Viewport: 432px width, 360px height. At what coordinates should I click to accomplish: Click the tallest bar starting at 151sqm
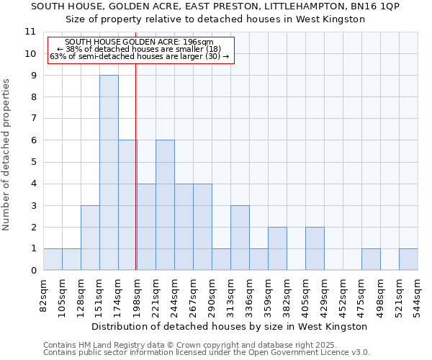109,173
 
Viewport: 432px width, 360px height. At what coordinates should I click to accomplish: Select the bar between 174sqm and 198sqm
127,205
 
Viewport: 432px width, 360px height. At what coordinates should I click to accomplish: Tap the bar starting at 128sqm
90,238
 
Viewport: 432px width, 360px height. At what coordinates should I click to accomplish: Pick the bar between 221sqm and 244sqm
165,205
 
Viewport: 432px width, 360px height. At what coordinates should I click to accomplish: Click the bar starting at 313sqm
240,238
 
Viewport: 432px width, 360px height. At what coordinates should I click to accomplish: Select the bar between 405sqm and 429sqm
315,248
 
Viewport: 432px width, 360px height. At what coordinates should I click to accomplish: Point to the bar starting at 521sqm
408,259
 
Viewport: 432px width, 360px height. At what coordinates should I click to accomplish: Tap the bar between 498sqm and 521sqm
371,259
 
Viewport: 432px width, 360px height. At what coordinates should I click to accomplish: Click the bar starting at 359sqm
277,248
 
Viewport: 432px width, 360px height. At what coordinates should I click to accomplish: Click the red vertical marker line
136,180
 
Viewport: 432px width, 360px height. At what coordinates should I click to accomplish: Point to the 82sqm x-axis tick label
44,292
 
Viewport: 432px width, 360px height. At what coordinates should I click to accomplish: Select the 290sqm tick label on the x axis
212,294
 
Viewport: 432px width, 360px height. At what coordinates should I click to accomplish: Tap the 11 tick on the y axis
30,32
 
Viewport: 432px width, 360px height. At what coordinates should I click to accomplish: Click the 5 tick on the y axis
32,162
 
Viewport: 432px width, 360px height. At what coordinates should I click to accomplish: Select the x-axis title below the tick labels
230,326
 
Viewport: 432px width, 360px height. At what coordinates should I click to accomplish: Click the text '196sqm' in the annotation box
198,42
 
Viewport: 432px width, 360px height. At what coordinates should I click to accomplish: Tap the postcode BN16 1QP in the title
374,6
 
